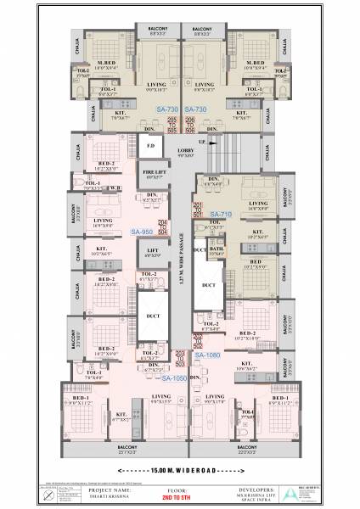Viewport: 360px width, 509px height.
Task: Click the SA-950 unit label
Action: (142, 232)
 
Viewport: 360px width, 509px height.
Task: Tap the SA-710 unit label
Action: (221, 214)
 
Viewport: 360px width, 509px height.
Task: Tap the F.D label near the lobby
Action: (150, 146)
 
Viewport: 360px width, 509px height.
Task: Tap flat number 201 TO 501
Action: (197, 210)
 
